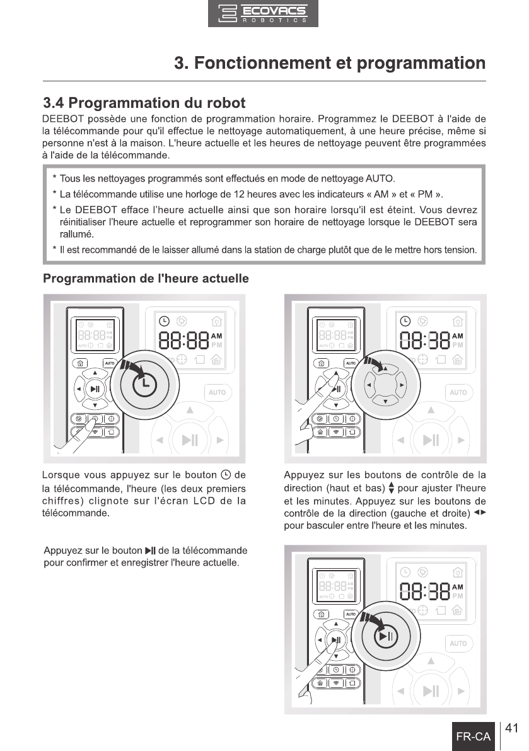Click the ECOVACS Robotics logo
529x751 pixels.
[x=263, y=14]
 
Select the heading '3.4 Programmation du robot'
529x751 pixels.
[x=144, y=102]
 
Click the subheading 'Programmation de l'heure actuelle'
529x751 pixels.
[x=146, y=279]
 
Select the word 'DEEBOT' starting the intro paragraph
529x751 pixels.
[x=61, y=119]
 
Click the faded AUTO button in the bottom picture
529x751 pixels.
[x=458, y=643]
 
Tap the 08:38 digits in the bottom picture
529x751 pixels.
[x=425, y=592]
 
